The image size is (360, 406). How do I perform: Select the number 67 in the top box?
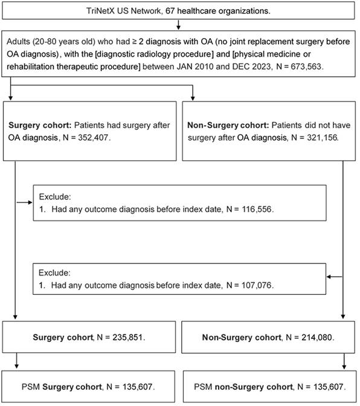170,11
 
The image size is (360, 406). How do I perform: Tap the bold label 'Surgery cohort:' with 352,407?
40,125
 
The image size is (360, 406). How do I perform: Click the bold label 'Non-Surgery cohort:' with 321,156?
228,125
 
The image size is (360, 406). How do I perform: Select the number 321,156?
322,138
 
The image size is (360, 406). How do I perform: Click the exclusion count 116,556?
257,209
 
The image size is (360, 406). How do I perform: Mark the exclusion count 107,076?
257,285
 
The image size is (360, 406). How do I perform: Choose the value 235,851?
127,337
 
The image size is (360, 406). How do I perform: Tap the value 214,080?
317,337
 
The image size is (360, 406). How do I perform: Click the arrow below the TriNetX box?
178,25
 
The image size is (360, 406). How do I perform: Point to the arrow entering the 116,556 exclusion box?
25,202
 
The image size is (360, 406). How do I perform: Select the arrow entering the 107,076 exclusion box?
335,277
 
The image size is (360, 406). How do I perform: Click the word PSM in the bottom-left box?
31,387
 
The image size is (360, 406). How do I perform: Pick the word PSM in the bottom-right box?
203,387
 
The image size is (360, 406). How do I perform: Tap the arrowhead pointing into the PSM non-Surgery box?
344,367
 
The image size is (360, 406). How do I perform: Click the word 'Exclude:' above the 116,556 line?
55,197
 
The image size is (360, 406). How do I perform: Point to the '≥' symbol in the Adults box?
134,42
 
